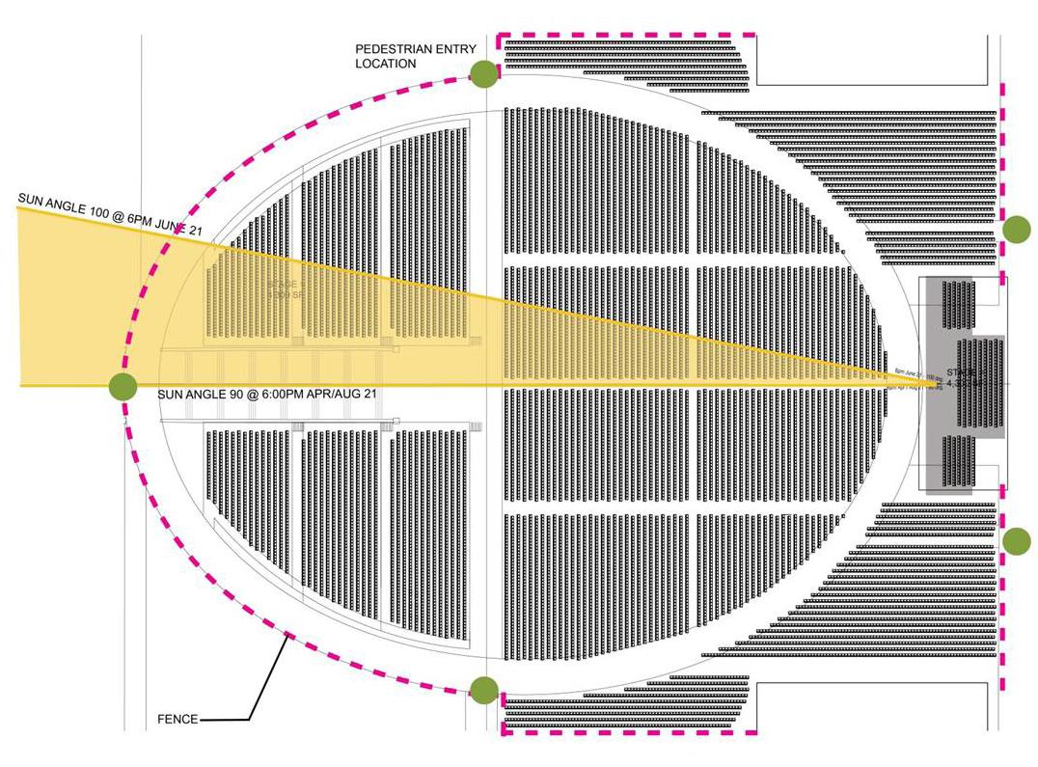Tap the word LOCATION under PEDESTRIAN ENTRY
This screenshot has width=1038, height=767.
coord(385,64)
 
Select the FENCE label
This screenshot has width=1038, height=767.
coord(178,719)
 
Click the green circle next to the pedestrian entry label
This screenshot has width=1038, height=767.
coord(484,71)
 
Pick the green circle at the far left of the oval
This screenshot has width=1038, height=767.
coord(123,386)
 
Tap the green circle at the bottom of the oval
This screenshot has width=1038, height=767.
coord(484,691)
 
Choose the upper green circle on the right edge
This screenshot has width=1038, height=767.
coord(1017,229)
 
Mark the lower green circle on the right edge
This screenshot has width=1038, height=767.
coord(1017,541)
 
